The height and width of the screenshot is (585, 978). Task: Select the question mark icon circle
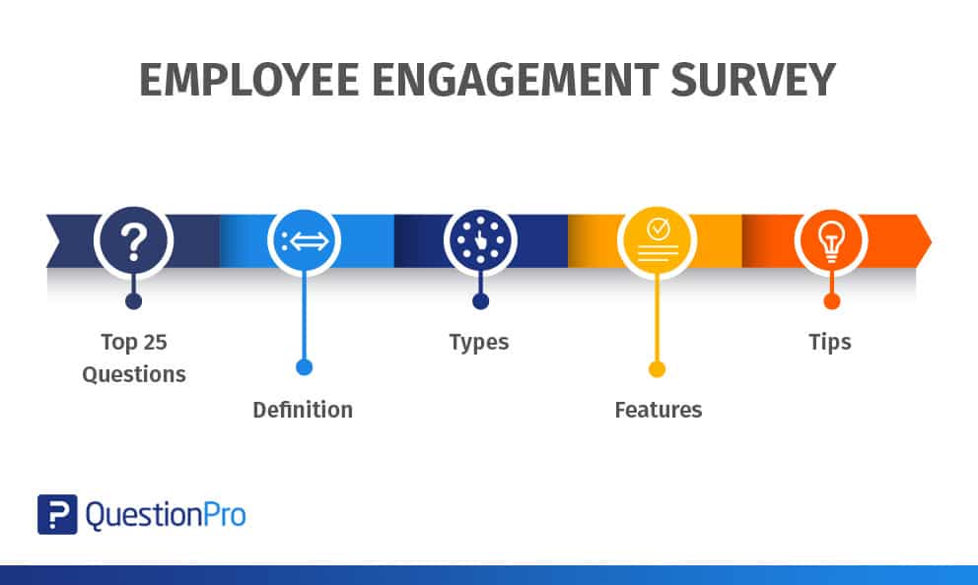133,241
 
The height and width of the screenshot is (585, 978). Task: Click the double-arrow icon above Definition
305,241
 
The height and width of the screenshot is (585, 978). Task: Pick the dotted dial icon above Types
480,241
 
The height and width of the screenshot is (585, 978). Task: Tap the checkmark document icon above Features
657,241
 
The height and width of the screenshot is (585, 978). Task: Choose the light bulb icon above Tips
830,241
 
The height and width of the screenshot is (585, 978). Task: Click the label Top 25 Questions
133,358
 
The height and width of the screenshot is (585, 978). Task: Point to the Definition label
303,410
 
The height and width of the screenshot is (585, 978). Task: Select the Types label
479,343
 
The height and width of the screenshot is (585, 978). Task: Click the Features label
659,410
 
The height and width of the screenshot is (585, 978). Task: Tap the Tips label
830,343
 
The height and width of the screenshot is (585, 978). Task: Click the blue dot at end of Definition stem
304,367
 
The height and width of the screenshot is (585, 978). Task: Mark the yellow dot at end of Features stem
657,368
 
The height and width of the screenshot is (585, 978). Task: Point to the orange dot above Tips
831,301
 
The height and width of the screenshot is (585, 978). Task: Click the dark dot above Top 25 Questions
133,301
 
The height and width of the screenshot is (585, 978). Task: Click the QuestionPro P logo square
57,514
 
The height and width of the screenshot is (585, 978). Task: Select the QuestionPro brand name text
166,514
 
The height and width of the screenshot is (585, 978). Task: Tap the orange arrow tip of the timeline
924,241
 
